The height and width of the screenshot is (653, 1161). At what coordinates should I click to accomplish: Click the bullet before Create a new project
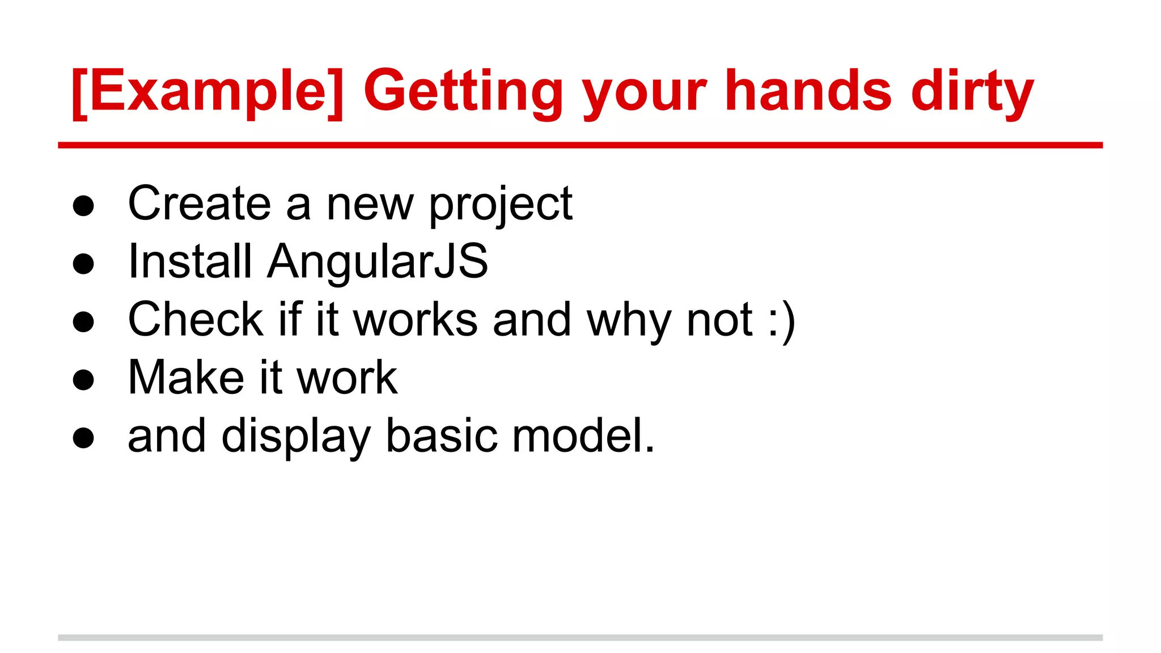coord(83,206)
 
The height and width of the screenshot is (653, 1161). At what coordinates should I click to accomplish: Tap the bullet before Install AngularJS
coord(83,264)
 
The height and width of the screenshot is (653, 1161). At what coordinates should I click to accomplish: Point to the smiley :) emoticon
coord(782,320)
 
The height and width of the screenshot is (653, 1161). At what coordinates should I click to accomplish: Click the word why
coord(629,320)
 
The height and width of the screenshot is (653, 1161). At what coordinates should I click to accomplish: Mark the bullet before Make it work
coord(83,380)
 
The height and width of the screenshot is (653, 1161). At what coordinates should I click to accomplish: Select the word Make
coord(186,378)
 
